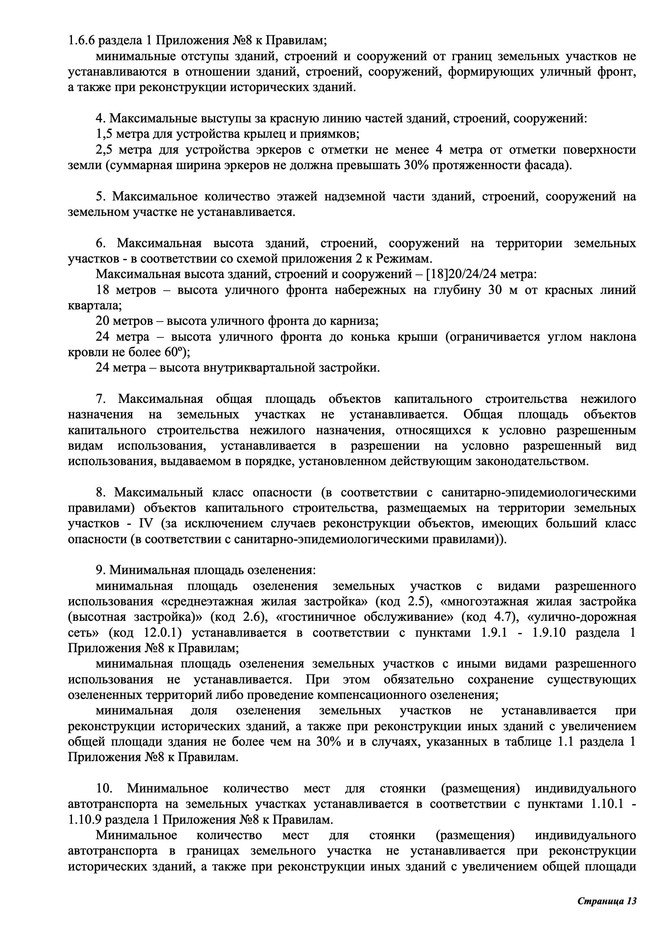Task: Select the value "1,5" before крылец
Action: (104, 134)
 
